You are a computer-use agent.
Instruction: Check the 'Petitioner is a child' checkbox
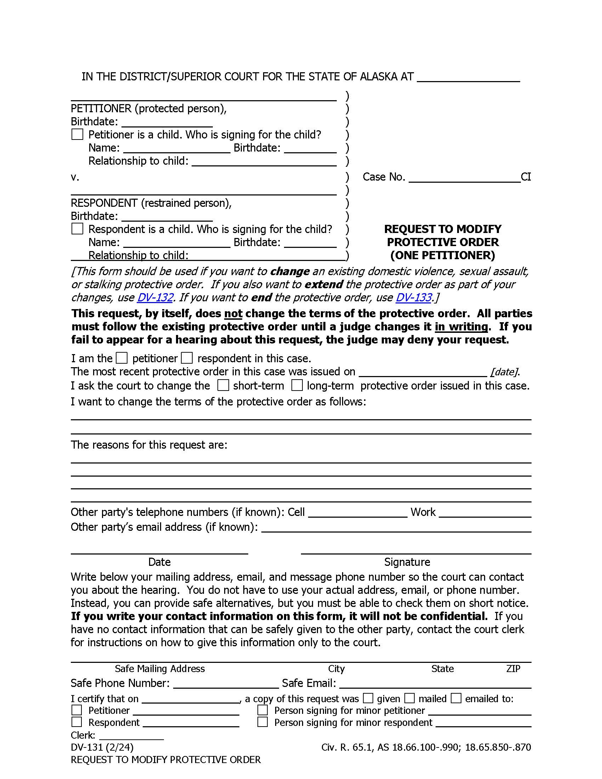coord(77,135)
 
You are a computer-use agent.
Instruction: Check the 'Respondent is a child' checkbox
coord(77,229)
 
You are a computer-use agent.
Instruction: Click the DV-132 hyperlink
coord(155,297)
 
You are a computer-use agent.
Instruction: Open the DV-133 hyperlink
coord(414,297)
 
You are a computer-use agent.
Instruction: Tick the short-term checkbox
coord(223,385)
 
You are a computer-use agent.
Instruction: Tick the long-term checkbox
coord(297,385)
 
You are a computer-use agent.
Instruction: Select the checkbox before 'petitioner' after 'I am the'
coord(122,358)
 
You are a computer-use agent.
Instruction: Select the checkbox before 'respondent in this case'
coord(187,358)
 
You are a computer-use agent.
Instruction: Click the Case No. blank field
coord(464,177)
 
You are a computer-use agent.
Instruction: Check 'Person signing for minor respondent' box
coord(262,722)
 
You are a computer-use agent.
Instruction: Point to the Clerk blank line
coord(131,735)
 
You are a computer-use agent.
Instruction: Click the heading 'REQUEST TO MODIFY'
coord(443,229)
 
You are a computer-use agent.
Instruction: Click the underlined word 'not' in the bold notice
coord(233,313)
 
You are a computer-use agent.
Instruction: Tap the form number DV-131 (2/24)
coord(102,747)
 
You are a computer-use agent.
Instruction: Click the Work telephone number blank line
coord(485,513)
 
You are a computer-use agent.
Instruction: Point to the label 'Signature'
coord(407,562)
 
